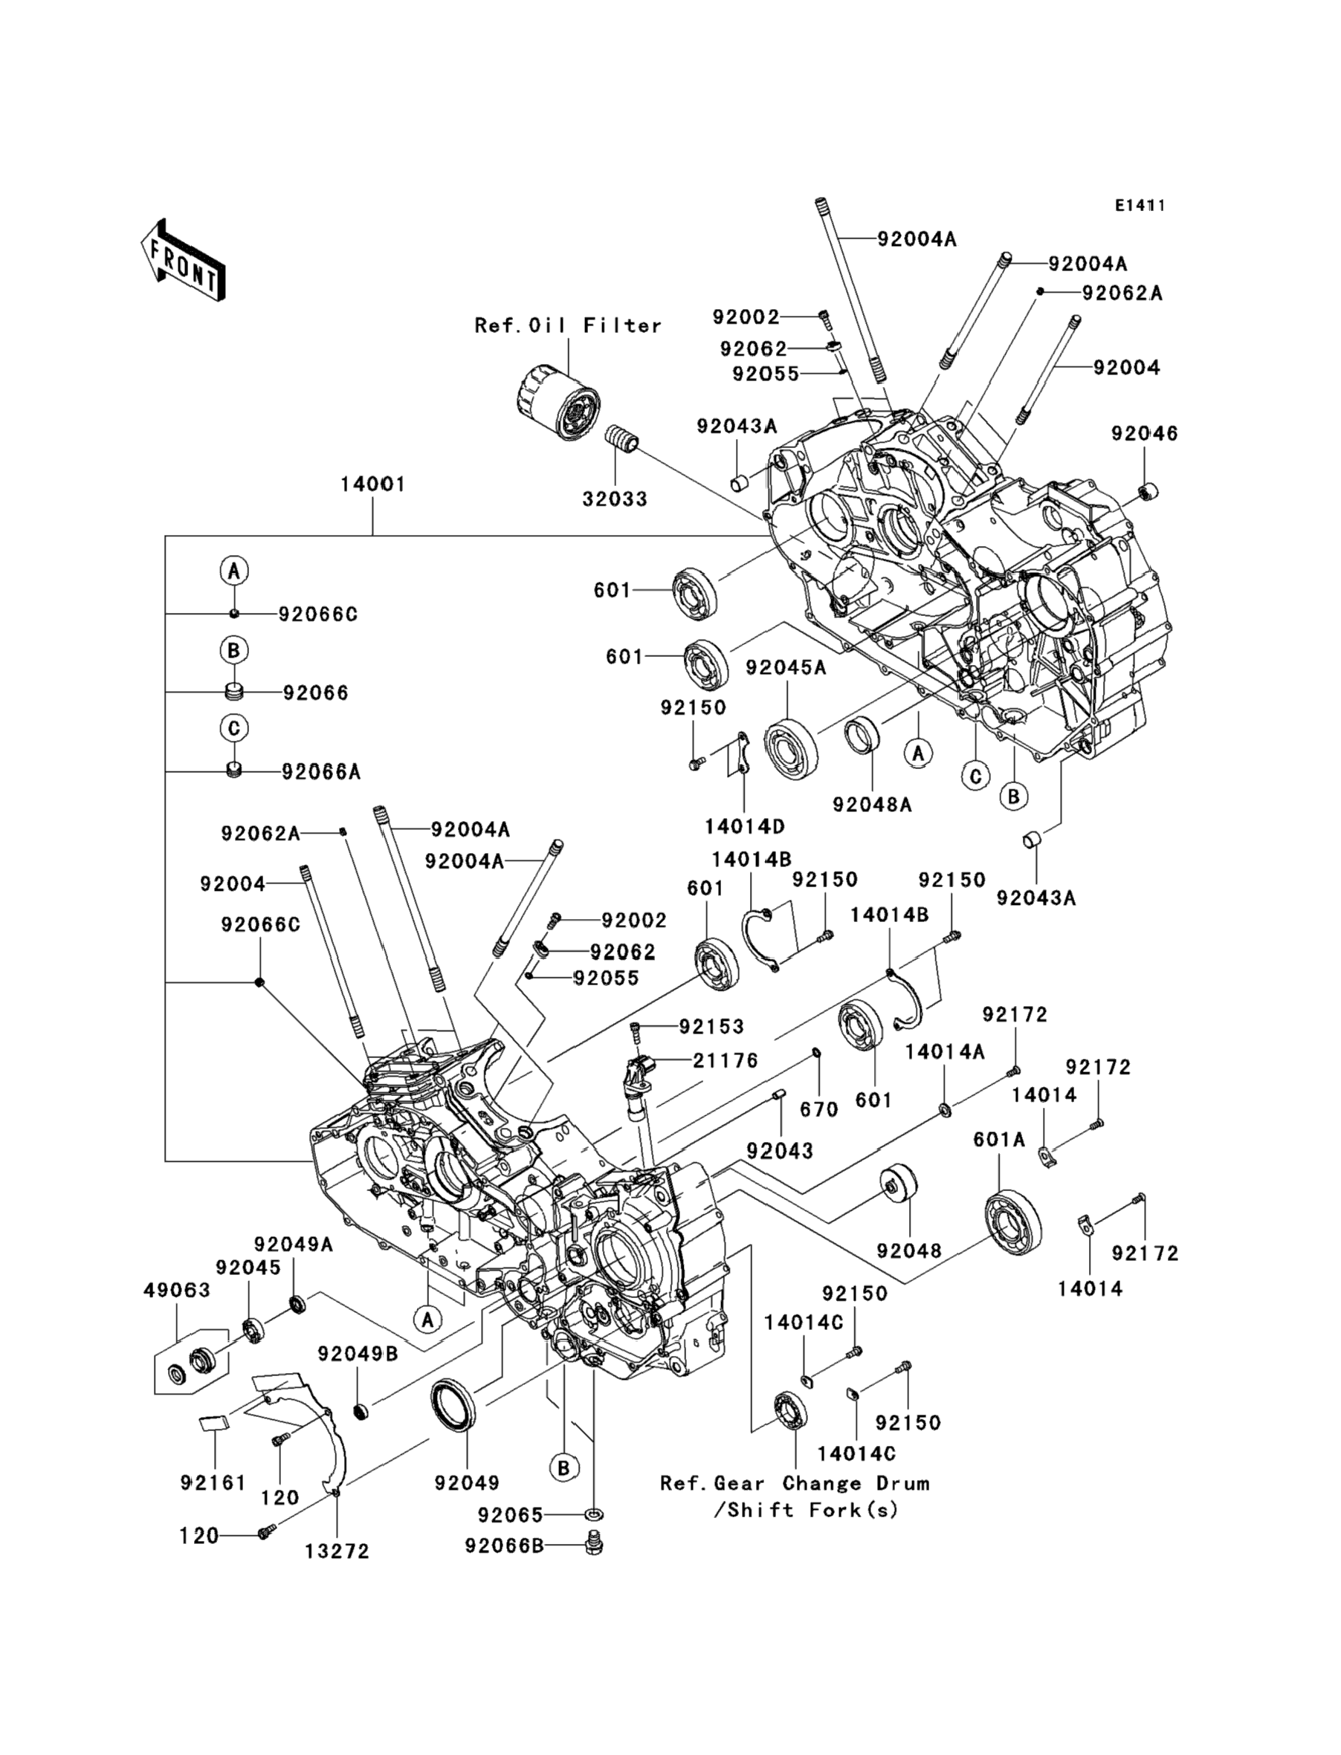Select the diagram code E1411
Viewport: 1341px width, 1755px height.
click(1140, 206)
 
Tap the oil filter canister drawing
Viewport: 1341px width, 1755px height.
click(556, 402)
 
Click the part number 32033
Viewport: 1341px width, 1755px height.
click(615, 499)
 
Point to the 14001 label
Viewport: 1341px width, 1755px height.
click(372, 484)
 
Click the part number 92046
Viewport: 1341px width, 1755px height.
click(1145, 434)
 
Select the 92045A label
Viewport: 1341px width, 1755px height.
click(786, 668)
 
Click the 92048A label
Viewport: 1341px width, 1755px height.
click(872, 805)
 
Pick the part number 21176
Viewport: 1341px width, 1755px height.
click(725, 1061)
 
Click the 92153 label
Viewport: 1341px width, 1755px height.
click(711, 1027)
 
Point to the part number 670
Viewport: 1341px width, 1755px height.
click(819, 1109)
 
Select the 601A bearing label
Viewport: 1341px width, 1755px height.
click(998, 1141)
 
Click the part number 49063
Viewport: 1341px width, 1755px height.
click(177, 1291)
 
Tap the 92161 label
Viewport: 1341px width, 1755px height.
click(213, 1483)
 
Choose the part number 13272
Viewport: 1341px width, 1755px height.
click(337, 1551)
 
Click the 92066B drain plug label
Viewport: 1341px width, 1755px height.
click(505, 1546)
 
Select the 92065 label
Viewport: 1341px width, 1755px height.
click(510, 1514)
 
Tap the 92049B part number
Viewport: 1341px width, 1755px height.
click(358, 1354)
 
